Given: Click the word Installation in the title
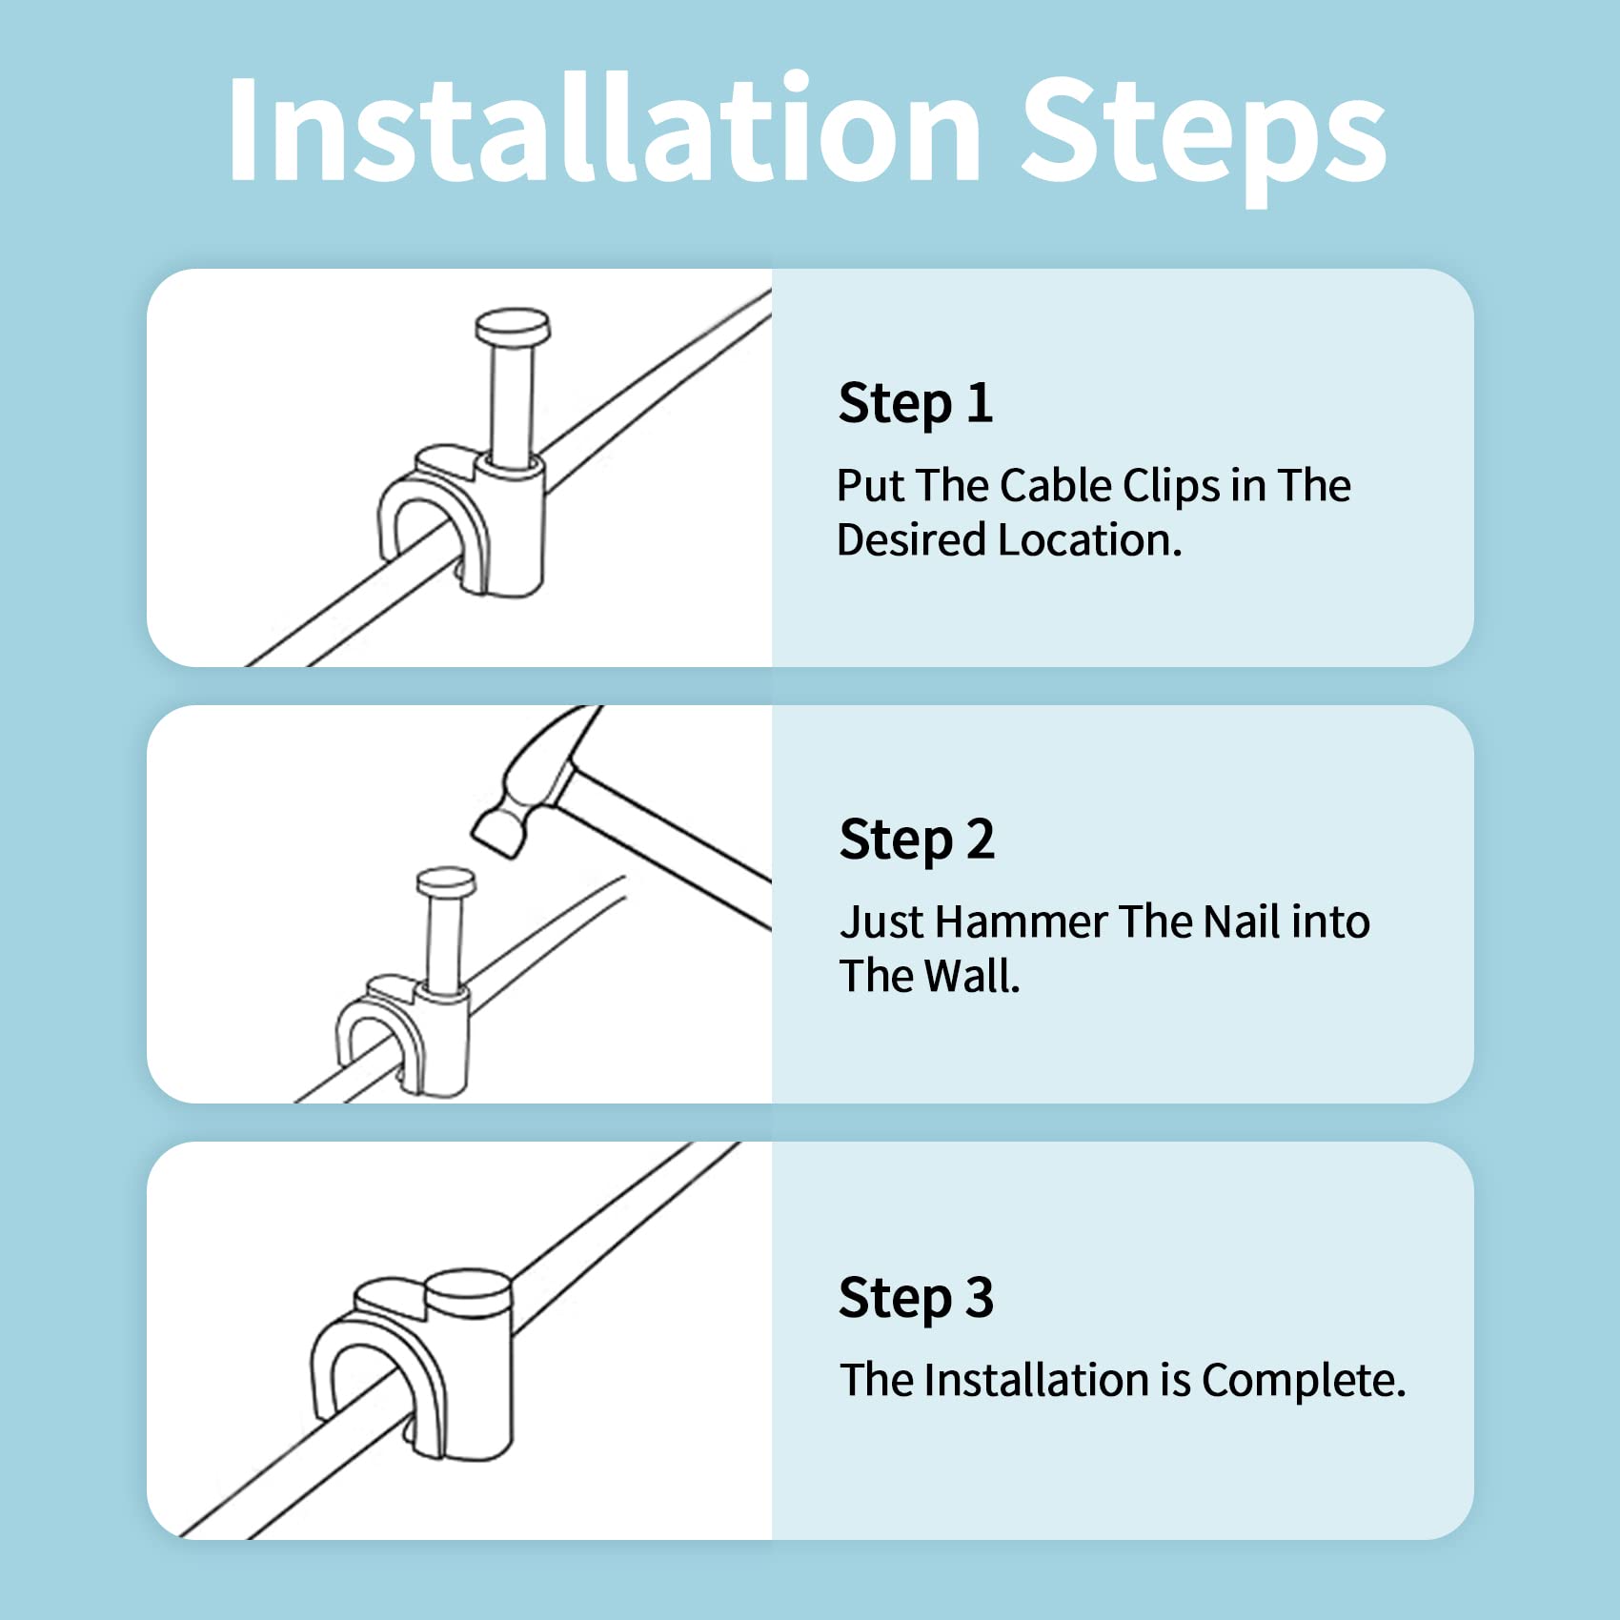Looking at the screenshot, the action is coord(605,128).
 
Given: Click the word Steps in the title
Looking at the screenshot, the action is coord(1205,139).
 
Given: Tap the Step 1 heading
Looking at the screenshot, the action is coord(916,403).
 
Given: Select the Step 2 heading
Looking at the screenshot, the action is coord(917,840).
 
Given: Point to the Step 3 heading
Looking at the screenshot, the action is coord(917,1297).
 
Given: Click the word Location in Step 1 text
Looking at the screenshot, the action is coord(1090,540).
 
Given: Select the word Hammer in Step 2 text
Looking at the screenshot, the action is coord(1021,921).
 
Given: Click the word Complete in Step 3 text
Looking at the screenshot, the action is coord(1304,1381).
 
